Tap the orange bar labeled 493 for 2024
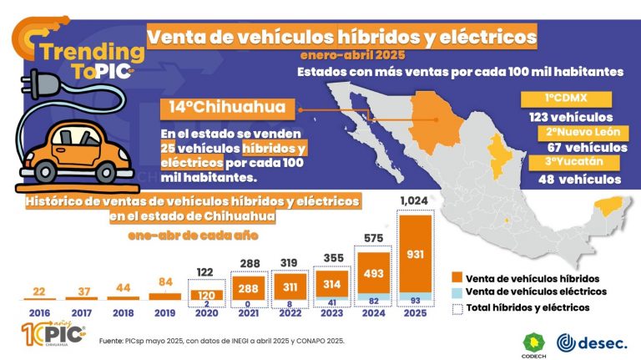click(374, 273)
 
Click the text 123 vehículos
click(571, 116)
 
